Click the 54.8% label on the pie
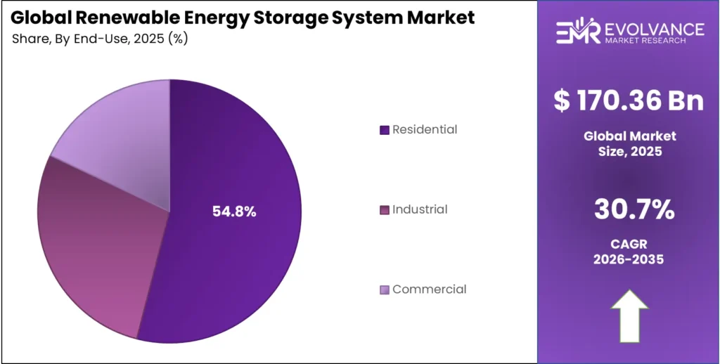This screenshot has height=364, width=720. [x=234, y=212]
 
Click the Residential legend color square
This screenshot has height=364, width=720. [x=384, y=130]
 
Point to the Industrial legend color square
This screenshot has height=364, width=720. [x=384, y=210]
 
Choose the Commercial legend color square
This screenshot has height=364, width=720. [x=384, y=290]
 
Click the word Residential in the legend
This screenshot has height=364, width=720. [x=425, y=129]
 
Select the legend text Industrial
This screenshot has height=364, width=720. [x=420, y=209]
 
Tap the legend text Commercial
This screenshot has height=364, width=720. [x=429, y=289]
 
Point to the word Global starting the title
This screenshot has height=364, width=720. [x=39, y=17]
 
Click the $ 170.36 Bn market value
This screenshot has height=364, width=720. [x=629, y=100]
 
